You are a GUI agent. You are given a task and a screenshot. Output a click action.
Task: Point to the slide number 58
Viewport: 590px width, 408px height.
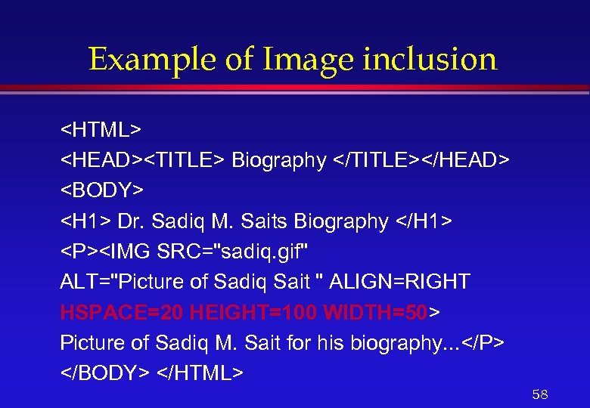pyautogui.click(x=539, y=394)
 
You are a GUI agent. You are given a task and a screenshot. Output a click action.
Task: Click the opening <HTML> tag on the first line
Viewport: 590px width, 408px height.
pyautogui.click(x=101, y=130)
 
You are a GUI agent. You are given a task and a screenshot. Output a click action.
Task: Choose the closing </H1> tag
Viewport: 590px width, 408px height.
pyautogui.click(x=424, y=221)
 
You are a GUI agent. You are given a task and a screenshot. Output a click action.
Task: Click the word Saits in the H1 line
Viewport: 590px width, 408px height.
pyautogui.click(x=265, y=221)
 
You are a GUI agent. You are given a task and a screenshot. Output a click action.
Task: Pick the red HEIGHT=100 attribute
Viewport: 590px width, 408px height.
pyautogui.click(x=253, y=312)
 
